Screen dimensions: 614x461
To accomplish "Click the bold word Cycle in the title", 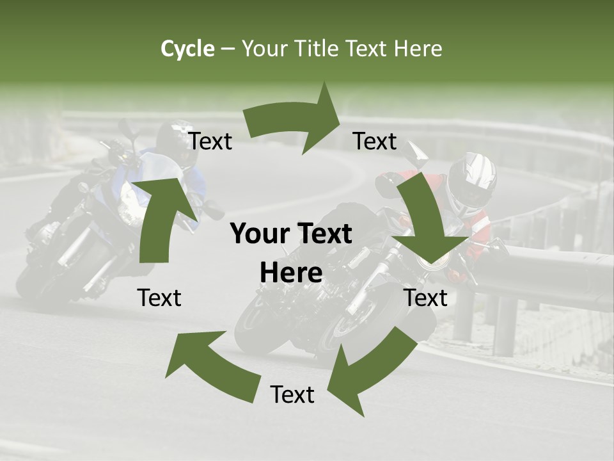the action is (187, 49).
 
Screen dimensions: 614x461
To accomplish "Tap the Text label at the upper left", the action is (210, 142).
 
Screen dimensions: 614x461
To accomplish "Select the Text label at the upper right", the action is (375, 141).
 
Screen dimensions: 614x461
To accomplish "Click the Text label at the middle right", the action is (426, 298).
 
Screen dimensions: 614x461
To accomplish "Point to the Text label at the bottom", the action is (292, 395).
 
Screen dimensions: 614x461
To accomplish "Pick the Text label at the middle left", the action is (159, 298).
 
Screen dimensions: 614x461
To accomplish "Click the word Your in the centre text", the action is (258, 234).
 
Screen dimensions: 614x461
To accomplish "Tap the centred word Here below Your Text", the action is (291, 273).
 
